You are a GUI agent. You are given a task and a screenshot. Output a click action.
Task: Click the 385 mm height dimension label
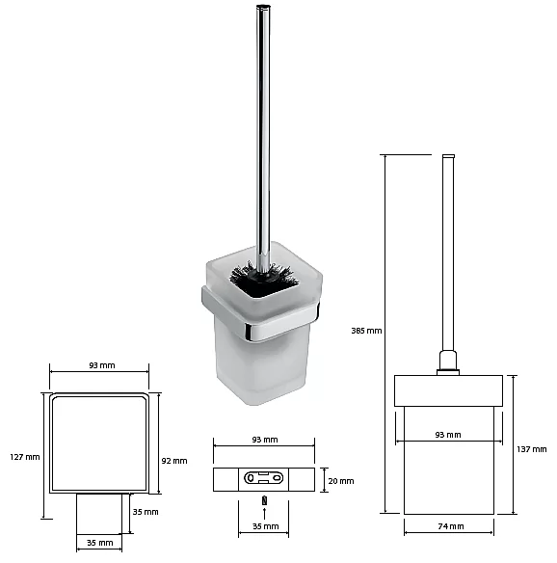[x=366, y=331]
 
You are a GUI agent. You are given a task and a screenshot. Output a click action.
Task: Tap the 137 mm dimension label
[x=532, y=449]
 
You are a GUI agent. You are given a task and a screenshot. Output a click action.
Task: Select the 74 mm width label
[x=451, y=526]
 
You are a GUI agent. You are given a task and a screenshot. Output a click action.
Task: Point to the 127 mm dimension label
[x=25, y=457]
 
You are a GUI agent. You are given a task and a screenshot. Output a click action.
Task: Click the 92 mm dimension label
[x=174, y=461]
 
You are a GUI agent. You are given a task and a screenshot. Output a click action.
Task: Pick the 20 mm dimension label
[x=341, y=481]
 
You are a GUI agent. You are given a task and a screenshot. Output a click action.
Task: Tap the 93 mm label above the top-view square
[x=102, y=365]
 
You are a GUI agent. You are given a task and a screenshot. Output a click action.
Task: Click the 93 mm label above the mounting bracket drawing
[x=265, y=440]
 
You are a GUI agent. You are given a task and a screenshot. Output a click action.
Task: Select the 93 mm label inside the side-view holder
[x=448, y=435]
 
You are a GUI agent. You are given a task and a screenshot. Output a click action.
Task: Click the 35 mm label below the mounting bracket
[x=266, y=526]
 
